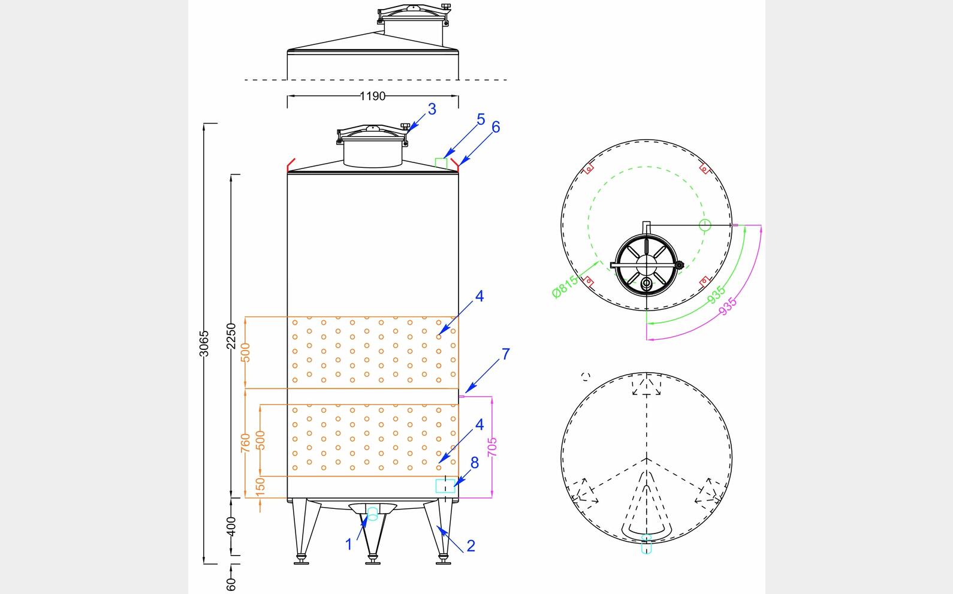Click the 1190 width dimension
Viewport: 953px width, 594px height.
pyautogui.click(x=372, y=96)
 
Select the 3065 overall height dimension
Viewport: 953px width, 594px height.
pyautogui.click(x=204, y=343)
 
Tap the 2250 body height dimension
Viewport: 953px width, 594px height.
pyautogui.click(x=231, y=336)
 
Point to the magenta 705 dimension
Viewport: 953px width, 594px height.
pyautogui.click(x=492, y=447)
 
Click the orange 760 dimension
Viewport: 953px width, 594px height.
pyautogui.click(x=246, y=443)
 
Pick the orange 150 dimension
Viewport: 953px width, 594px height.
pyautogui.click(x=260, y=487)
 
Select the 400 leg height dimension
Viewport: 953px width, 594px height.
pyautogui.click(x=231, y=526)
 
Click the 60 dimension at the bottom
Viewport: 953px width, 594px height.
pyautogui.click(x=231, y=584)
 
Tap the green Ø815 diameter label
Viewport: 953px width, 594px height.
pyautogui.click(x=565, y=287)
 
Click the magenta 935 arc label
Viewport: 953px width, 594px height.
pyautogui.click(x=728, y=306)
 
